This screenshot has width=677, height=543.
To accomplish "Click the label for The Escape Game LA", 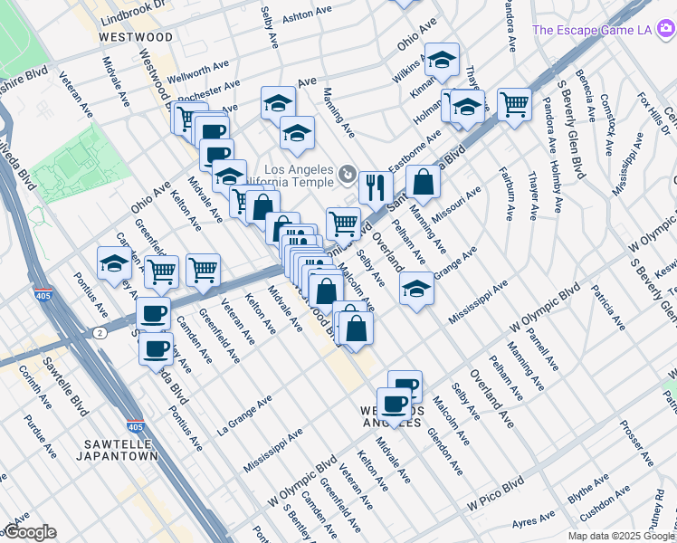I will pyautogui.click(x=592, y=30).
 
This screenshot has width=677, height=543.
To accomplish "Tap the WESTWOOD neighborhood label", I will pyautogui.click(x=135, y=37).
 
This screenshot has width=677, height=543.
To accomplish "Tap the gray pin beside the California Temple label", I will pyautogui.click(x=348, y=172).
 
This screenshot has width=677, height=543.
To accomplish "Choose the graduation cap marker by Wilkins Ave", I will pyautogui.click(x=441, y=60).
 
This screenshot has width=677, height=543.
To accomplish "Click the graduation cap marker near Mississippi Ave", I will pyautogui.click(x=415, y=289).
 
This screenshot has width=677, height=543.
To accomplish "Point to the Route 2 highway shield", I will pyautogui.click(x=99, y=333).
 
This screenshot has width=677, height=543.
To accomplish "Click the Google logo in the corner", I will pyautogui.click(x=30, y=532).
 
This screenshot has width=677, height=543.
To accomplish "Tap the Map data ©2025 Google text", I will pyautogui.click(x=622, y=536).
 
